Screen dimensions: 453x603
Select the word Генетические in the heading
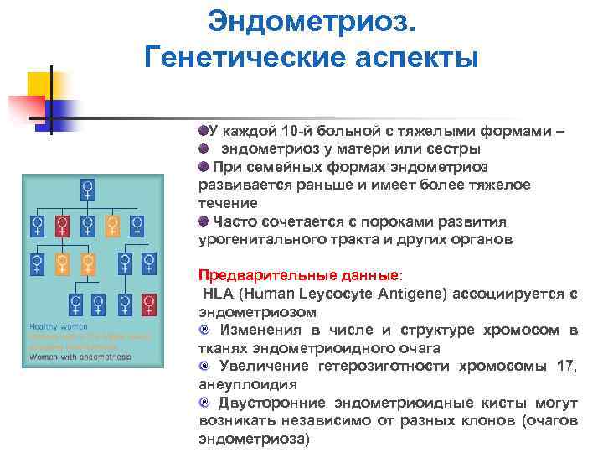[243, 59]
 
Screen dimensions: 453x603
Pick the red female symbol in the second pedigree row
[61, 225]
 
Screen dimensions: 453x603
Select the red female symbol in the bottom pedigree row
[150, 302]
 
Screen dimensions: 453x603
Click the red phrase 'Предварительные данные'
[298, 275]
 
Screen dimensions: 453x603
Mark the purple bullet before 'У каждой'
[203, 131]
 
